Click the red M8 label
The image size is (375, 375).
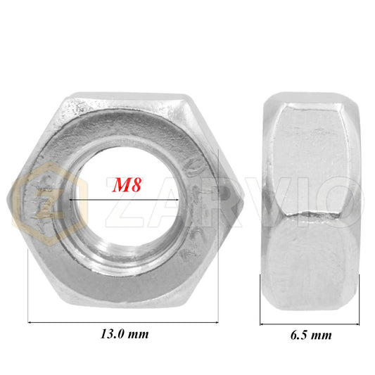pos(127,185)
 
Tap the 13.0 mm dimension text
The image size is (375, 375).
pos(125,334)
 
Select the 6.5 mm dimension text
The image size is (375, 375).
pos(311,335)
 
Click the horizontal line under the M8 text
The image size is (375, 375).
pos(124,199)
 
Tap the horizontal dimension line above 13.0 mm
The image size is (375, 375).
pos(123,323)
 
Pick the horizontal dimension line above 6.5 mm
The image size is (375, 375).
pos(310,324)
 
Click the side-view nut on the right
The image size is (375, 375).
pos(310,201)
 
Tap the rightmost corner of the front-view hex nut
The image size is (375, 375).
pos(244,201)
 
